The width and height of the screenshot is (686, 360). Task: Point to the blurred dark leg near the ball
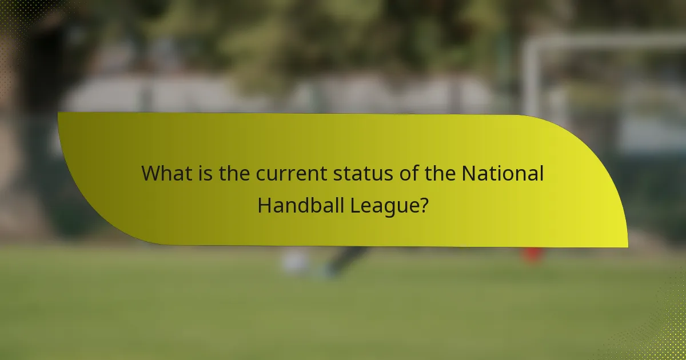point(343,260)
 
